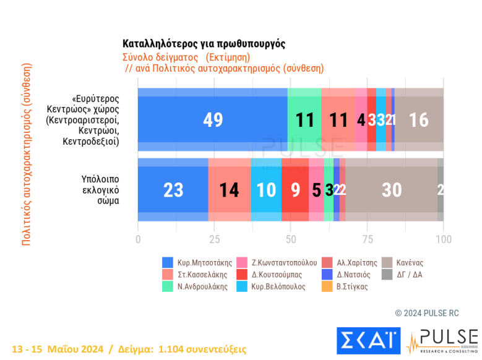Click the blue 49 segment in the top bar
213,119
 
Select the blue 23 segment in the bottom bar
173,190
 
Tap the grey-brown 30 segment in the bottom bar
391,190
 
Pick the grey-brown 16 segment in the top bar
419,119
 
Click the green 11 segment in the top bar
304,119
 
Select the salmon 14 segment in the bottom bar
230,190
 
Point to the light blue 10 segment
266,190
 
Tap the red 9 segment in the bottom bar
295,190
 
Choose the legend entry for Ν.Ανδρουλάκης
198,286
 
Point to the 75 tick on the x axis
367,239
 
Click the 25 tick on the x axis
214,239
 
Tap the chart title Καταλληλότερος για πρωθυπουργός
204,44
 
